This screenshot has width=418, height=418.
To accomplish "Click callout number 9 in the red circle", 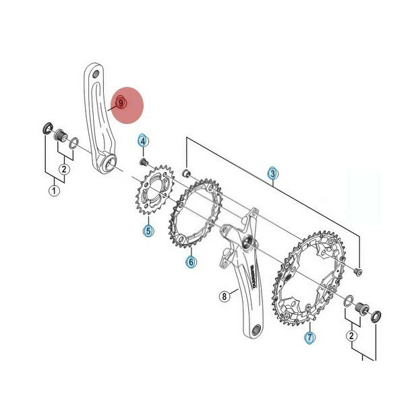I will click(x=121, y=102).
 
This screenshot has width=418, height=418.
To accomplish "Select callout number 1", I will click(x=54, y=191).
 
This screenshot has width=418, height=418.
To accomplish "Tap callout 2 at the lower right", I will click(x=352, y=335).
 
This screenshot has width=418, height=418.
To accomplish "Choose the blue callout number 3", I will click(x=272, y=173).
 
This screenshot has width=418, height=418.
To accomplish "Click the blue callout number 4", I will click(x=143, y=140).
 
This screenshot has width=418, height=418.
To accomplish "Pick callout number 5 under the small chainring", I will click(x=148, y=231).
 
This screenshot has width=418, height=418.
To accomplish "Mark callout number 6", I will click(x=191, y=261).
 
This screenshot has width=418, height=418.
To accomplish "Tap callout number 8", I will click(x=225, y=295).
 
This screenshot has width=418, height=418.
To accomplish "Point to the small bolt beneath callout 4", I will click(x=144, y=162).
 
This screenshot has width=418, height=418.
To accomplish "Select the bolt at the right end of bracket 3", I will click(x=357, y=271).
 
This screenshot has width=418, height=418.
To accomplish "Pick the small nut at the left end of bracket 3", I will click(x=186, y=173).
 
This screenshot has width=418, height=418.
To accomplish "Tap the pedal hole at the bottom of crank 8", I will click(x=256, y=330).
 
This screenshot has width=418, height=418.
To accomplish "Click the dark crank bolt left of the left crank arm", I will click(x=59, y=134).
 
